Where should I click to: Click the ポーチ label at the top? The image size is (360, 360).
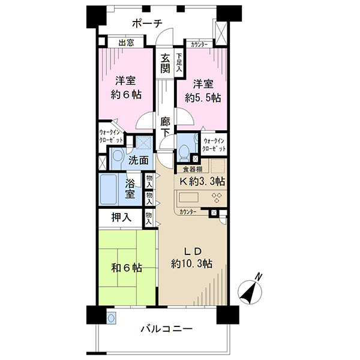[x=147, y=23]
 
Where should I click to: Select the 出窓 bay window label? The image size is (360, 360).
[x=126, y=43]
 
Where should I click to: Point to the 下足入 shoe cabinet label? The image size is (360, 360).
[x=179, y=62]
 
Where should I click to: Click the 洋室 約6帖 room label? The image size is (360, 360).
[x=126, y=88]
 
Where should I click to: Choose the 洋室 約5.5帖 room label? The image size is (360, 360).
[x=203, y=91]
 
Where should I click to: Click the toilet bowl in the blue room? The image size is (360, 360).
[x=184, y=152]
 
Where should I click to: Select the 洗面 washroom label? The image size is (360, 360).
[x=138, y=160]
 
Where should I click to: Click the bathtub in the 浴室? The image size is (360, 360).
[x=109, y=190]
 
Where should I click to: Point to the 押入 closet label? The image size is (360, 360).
[x=121, y=217]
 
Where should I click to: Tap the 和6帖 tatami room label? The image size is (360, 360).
[x=127, y=268]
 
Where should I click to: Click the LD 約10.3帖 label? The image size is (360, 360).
[x=191, y=257]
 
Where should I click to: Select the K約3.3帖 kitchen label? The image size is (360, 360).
[x=202, y=181]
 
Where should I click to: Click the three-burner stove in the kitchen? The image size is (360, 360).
[x=217, y=197]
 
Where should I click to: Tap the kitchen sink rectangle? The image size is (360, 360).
[x=189, y=197]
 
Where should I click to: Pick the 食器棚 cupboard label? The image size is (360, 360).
[x=193, y=169]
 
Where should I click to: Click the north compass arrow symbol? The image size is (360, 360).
[x=250, y=289]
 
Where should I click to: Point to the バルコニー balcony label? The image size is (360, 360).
[x=166, y=329]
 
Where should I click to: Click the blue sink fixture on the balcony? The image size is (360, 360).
[x=112, y=318]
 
